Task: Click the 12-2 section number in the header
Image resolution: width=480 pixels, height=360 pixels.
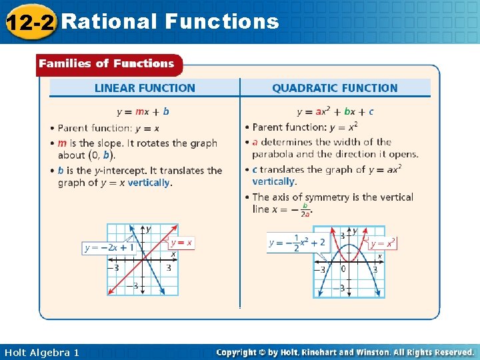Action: (29, 22)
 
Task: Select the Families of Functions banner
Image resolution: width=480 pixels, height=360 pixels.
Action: (107, 64)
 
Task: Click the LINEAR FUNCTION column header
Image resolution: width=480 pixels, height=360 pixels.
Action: (145, 88)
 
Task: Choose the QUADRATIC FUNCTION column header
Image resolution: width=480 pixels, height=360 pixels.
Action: (335, 88)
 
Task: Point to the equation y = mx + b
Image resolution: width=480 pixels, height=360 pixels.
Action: (143, 111)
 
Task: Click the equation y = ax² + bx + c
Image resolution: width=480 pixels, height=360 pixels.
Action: (335, 111)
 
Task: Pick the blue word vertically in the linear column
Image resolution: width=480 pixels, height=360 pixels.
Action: (149, 183)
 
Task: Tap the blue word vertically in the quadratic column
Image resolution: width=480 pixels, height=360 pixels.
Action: (273, 181)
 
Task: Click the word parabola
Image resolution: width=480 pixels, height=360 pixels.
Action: (274, 154)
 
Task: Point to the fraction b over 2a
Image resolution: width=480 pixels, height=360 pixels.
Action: (305, 210)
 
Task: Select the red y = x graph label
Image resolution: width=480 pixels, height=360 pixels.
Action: (181, 243)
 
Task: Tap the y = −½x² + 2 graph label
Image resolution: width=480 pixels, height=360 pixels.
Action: (297, 243)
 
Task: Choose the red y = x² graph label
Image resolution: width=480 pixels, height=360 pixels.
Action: (383, 243)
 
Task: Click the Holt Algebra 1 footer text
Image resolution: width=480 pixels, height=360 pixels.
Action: (41, 352)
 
